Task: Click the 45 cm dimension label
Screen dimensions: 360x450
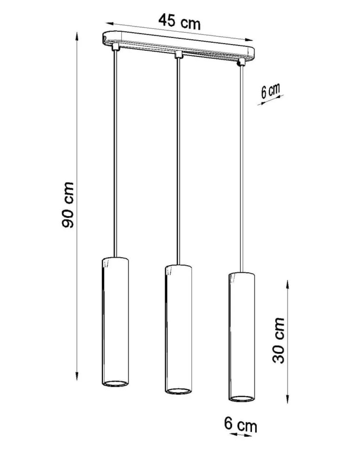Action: click(179, 22)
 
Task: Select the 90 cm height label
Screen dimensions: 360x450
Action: click(68, 205)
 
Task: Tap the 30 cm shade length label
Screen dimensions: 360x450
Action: click(278, 341)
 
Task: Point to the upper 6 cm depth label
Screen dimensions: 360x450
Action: click(270, 91)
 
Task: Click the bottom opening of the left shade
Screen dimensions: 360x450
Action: click(115, 383)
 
